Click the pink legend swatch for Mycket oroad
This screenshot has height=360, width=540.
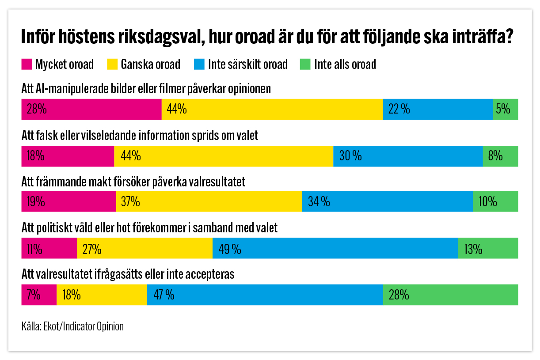(27, 64)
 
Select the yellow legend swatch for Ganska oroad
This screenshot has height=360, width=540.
(113, 64)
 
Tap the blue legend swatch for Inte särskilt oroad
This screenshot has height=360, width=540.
(199, 64)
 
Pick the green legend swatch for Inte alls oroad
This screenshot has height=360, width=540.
(305, 64)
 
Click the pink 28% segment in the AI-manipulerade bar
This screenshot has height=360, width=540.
(91, 109)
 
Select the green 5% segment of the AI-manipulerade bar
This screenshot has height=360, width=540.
(506, 109)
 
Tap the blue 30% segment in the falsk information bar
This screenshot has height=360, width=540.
(408, 155)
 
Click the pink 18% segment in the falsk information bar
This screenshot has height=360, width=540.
(68, 155)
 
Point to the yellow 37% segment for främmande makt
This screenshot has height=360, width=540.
(209, 202)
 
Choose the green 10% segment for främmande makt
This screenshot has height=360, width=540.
(495, 202)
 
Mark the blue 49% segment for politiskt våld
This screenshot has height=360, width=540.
(335, 249)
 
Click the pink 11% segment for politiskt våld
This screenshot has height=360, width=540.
(49, 249)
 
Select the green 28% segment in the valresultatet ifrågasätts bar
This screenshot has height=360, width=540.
(450, 295)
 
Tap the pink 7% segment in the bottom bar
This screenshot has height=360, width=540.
(39, 295)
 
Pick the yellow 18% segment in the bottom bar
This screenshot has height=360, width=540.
(102, 295)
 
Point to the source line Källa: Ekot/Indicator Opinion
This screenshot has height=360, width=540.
(72, 327)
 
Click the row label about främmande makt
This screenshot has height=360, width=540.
(133, 182)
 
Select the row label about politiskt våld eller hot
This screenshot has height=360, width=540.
(149, 228)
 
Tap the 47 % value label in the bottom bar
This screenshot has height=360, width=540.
(164, 295)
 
